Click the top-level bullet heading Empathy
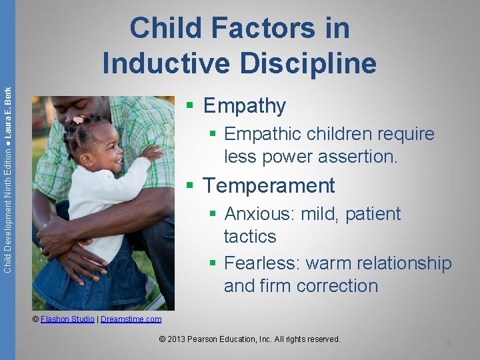(x=244, y=105)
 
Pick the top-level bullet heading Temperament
(x=269, y=185)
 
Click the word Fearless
(x=261, y=263)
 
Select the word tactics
(x=250, y=236)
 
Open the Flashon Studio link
(x=67, y=319)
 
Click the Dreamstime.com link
(x=131, y=319)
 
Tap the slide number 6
(x=449, y=343)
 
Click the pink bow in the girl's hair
(x=79, y=120)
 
